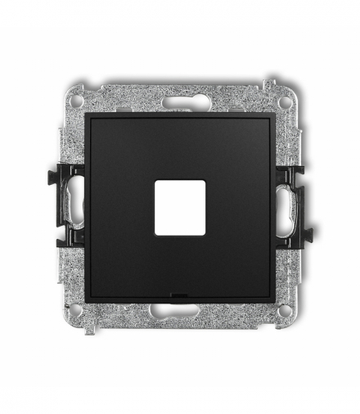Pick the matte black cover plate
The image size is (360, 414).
point(131,164)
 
